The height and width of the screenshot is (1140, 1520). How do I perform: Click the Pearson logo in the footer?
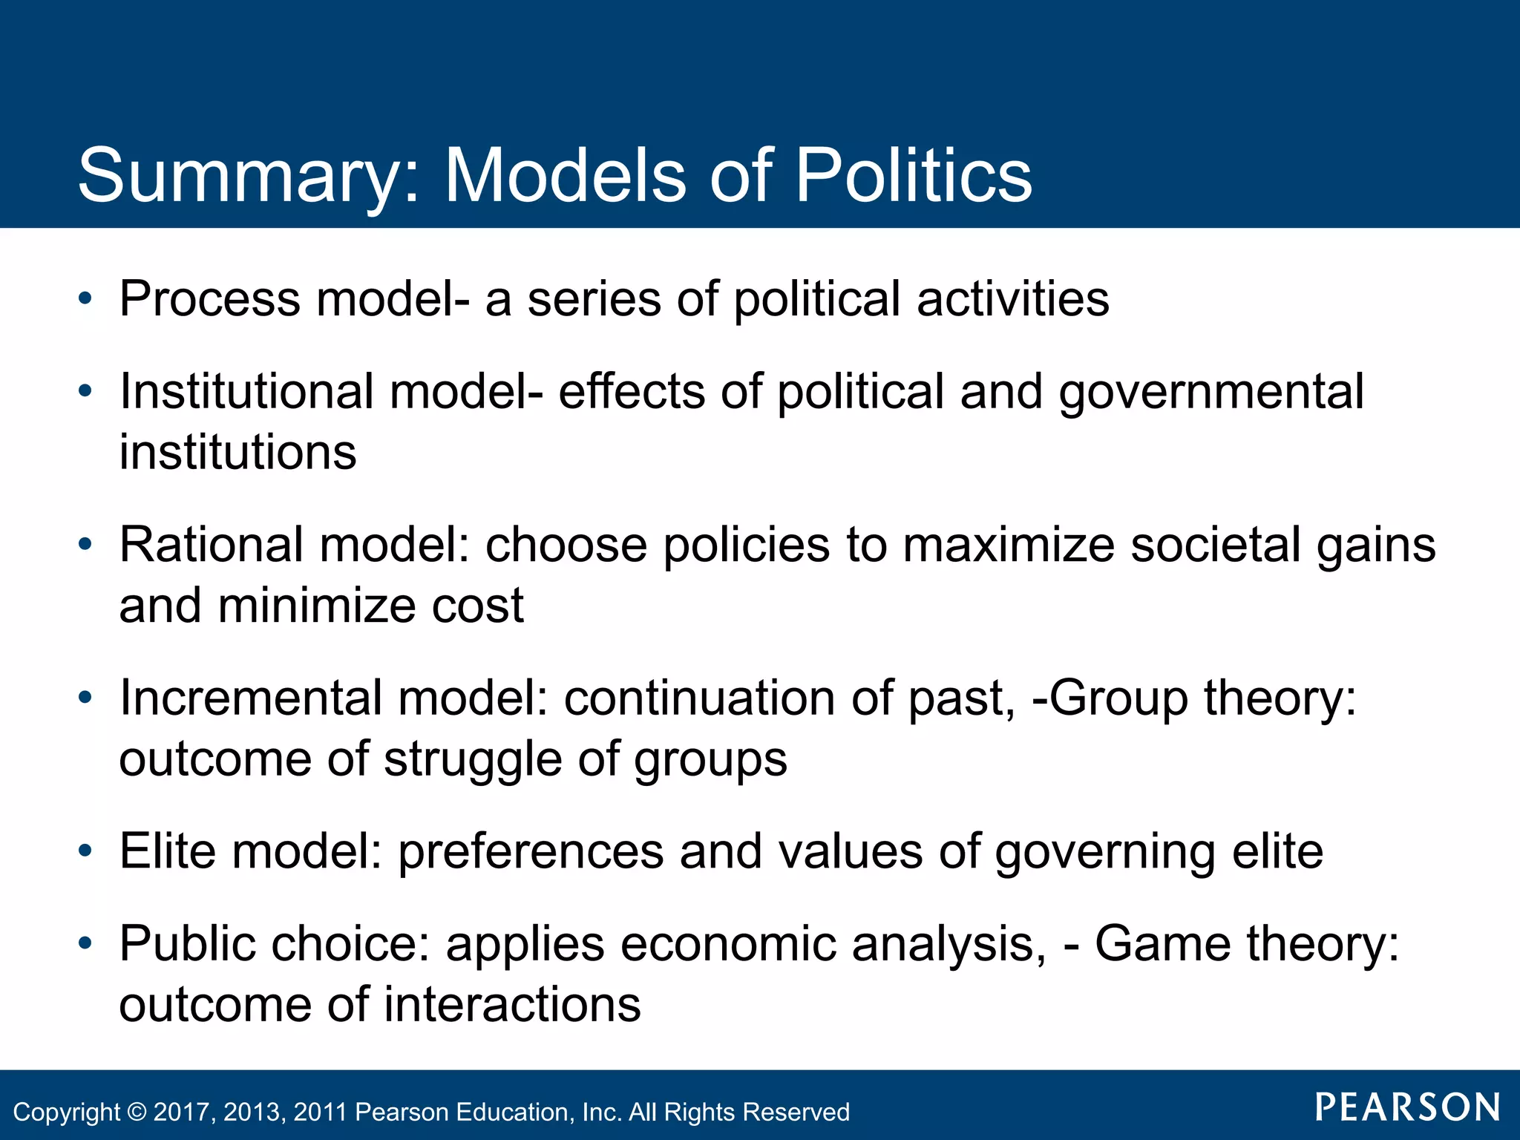[1407, 1107]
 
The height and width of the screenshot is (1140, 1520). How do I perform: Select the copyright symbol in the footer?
[137, 1112]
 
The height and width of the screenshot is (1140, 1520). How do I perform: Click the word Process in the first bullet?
[210, 299]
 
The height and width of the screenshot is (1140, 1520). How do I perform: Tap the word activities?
[1013, 299]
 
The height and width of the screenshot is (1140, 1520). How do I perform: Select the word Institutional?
[246, 391]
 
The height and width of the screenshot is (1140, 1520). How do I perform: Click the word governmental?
[1211, 391]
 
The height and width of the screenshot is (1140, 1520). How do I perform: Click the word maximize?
[1009, 545]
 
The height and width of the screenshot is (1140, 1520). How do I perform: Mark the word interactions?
[512, 1005]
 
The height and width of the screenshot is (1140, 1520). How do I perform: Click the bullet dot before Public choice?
[86, 943]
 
